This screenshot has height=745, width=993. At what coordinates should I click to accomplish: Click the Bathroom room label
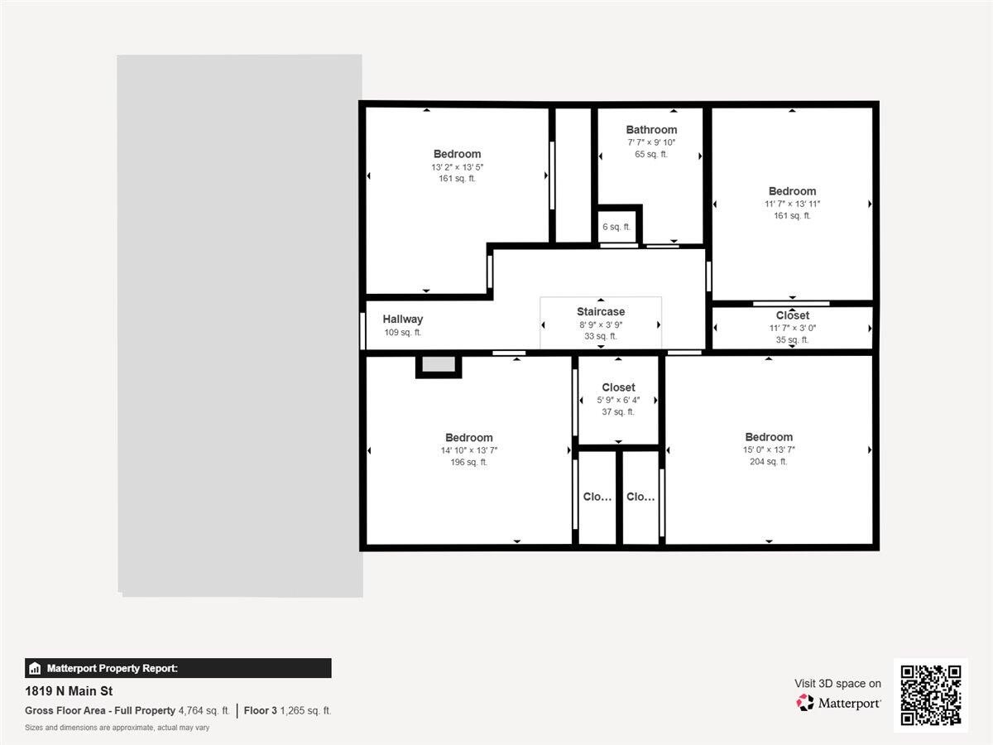point(651,130)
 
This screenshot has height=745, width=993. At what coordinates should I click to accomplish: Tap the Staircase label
point(601,312)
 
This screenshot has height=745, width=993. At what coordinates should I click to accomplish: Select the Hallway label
point(402,320)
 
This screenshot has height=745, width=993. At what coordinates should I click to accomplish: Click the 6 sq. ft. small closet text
point(616,227)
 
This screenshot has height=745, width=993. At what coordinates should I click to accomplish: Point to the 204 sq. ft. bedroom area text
point(768,462)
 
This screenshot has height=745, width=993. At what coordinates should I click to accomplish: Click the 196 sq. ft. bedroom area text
point(468,463)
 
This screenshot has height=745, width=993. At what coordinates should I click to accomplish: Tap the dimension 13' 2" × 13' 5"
point(457,166)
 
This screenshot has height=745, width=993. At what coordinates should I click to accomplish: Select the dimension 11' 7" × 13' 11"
point(792,204)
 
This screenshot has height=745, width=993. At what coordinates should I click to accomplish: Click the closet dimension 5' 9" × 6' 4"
point(618,400)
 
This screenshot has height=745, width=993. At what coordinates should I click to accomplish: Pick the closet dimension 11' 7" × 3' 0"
point(792,328)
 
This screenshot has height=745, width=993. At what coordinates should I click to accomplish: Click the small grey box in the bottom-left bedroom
point(439,364)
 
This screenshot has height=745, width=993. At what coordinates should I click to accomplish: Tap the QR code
point(930,695)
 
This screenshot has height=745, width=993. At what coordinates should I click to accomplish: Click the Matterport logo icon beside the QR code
point(805,703)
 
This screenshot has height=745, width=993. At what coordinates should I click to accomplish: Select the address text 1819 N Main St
point(69,691)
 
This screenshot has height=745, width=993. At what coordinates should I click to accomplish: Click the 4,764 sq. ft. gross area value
point(204,710)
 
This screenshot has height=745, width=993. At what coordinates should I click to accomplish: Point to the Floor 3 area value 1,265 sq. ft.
point(305,710)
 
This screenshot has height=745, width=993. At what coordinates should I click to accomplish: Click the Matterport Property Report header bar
point(178,668)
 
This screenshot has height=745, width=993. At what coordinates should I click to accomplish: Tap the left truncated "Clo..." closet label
point(597,497)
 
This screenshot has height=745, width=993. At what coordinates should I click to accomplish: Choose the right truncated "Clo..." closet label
point(640,497)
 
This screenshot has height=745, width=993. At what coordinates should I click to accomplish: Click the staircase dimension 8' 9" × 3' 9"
point(601,324)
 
